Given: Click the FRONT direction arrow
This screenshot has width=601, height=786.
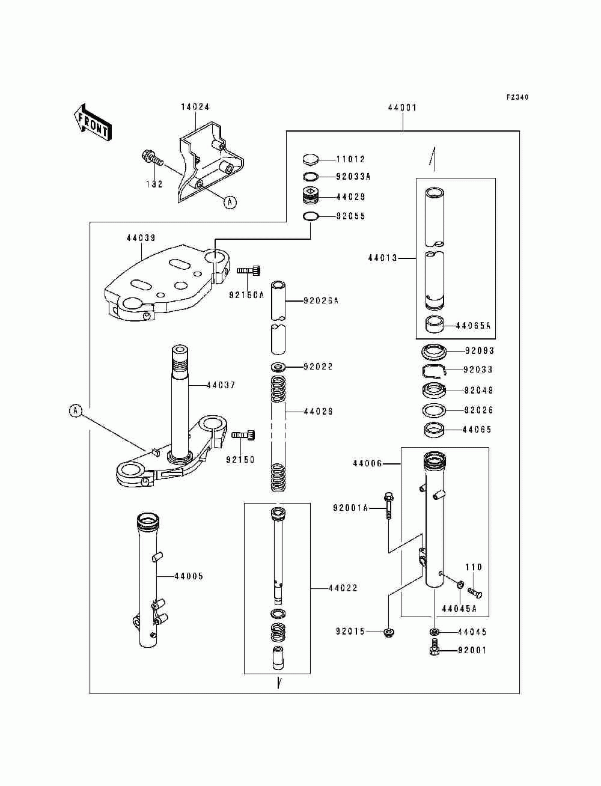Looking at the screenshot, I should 92,122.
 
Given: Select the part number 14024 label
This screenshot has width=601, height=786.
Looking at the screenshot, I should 195,107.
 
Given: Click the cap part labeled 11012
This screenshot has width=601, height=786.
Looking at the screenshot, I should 311,159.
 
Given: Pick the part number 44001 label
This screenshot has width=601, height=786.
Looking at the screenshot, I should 402,108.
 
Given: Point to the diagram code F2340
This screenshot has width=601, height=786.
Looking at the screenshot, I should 517,97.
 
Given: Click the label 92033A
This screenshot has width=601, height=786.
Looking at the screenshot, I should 353,177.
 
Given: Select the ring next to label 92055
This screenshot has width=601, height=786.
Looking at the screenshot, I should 311,216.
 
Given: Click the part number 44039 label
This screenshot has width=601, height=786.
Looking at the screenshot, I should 141,239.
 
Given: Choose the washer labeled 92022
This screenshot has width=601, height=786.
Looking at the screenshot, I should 278,367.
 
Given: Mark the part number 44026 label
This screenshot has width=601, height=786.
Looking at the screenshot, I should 318,412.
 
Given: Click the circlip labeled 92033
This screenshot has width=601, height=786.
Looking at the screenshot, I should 434,370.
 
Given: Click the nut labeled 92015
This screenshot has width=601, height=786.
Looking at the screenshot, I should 388,632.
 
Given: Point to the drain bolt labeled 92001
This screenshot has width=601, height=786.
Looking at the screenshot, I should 434,650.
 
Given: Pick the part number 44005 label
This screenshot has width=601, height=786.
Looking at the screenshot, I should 189,576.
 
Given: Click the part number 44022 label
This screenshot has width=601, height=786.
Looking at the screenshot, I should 343,588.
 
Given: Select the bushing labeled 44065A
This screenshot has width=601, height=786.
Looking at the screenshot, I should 436,325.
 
